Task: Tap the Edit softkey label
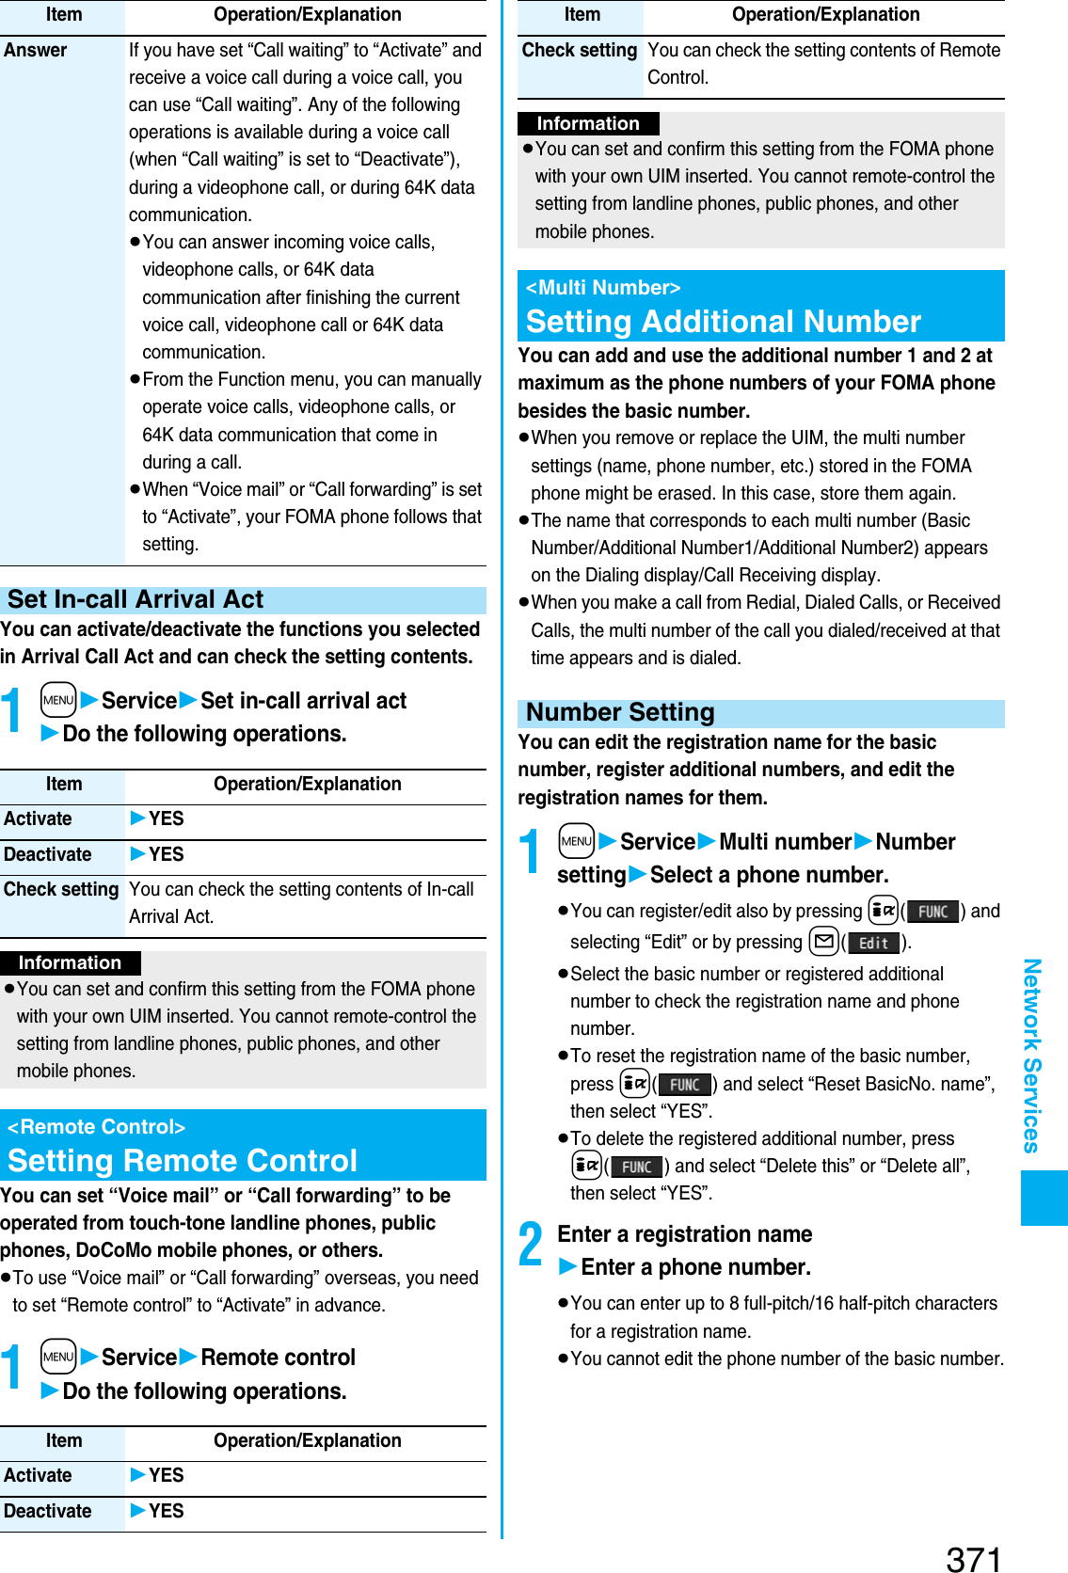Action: [873, 943]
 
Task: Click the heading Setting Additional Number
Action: [723, 322]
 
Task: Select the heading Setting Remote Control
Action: [183, 1161]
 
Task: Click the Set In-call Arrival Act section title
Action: [135, 599]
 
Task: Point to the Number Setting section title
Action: [620, 712]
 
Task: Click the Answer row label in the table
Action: [36, 50]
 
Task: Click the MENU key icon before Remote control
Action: [58, 1357]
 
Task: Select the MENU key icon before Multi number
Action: [576, 841]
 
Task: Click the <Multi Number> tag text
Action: [603, 288]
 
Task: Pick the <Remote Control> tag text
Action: [96, 1127]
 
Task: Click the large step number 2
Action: [531, 1245]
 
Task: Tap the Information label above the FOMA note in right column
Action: [588, 123]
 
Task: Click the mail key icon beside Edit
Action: [823, 942]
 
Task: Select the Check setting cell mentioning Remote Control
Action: [580, 51]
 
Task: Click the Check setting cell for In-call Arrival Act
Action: [62, 890]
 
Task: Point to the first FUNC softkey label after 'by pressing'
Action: [933, 912]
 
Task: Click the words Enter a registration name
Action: [684, 1234]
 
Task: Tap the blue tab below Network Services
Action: [1044, 1198]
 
